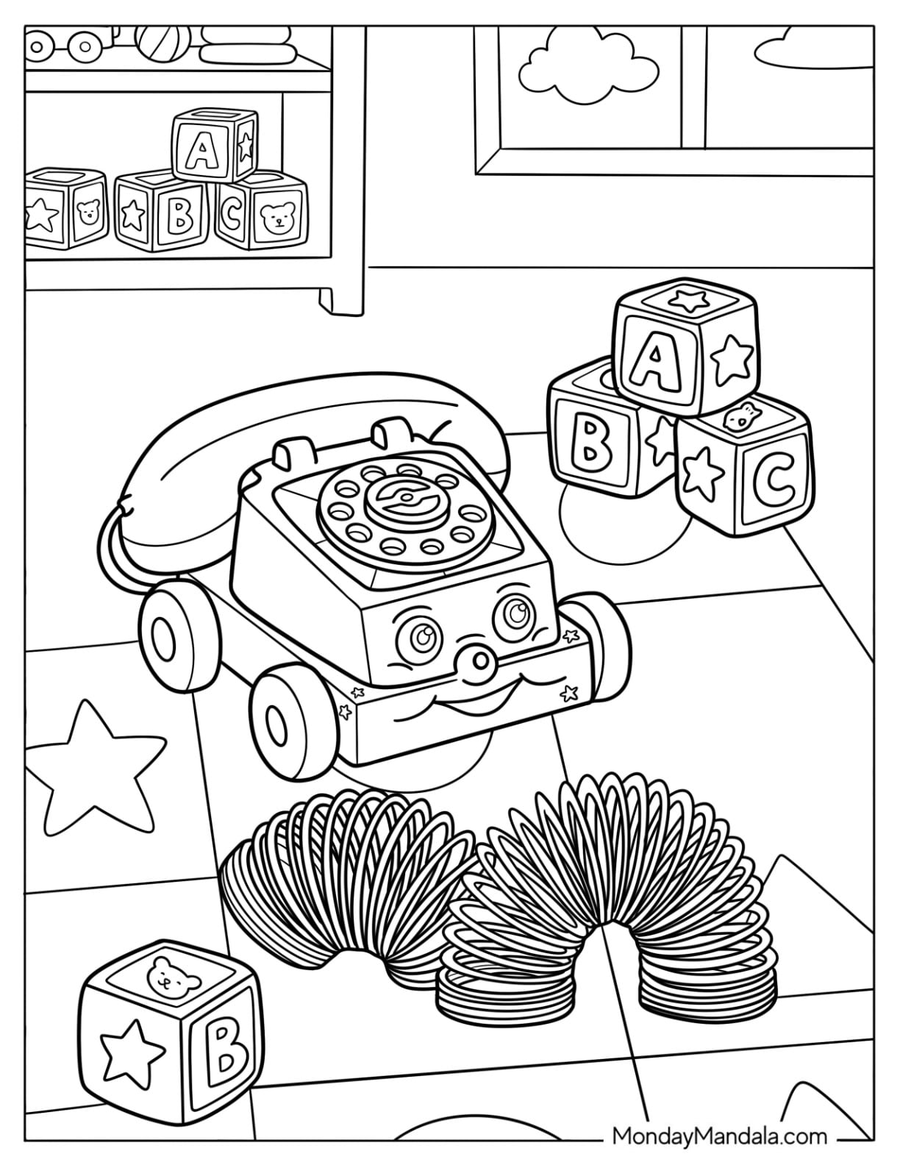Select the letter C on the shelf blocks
232,215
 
